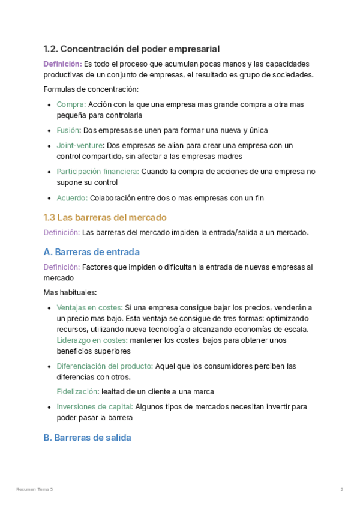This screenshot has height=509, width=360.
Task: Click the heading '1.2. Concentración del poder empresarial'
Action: tap(131, 49)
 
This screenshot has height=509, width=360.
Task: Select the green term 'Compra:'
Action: tap(71, 104)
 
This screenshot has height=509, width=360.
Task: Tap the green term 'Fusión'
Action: tap(68, 130)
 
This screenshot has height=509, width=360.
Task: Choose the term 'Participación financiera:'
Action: tap(98, 172)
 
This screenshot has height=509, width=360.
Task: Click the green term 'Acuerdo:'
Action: tap(72, 197)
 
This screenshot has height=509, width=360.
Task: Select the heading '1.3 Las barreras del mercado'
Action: tap(105, 217)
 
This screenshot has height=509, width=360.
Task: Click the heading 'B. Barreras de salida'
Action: tap(87, 438)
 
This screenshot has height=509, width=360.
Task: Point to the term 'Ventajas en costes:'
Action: tap(89, 307)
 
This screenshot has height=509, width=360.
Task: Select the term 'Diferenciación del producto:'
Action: tap(105, 366)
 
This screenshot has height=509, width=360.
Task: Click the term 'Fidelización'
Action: tap(77, 392)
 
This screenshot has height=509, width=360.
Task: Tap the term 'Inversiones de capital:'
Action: tap(95, 407)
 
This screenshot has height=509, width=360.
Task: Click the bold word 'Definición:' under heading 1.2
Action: tap(62, 64)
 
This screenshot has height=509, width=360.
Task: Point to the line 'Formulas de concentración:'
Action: tap(91, 89)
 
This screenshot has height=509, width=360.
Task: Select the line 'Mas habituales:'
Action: tap(70, 293)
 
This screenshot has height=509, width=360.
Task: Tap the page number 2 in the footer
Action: tap(341, 490)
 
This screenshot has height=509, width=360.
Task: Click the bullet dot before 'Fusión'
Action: tap(49, 130)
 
